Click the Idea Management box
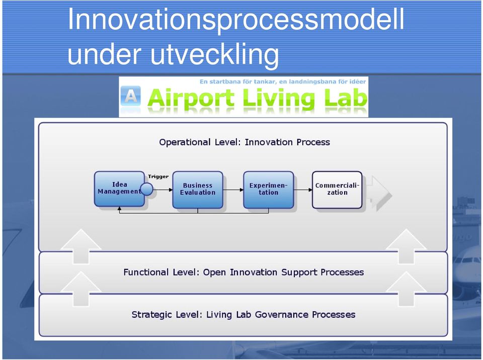click(119, 189)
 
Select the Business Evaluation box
click(198, 190)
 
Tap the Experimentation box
click(268, 190)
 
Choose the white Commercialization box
click(337, 190)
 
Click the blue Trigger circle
click(146, 189)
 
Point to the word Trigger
click(158, 176)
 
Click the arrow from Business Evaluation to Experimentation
click(233, 190)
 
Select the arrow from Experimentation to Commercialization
click(303, 190)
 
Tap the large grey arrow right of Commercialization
click(381, 193)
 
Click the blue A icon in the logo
click(131, 96)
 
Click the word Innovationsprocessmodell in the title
click(235, 20)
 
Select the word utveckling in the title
click(215, 54)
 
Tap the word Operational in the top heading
click(185, 143)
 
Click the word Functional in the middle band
click(146, 272)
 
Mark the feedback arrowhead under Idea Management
click(120, 209)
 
